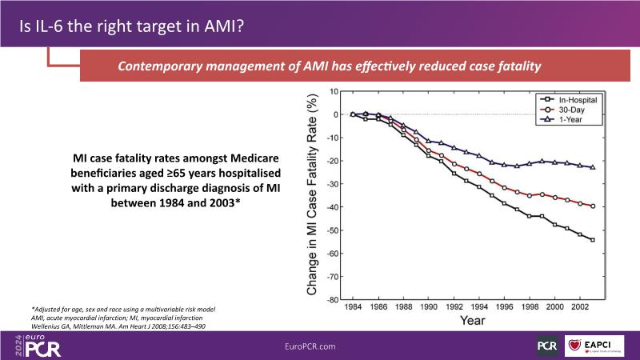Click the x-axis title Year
[472, 322]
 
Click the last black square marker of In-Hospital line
[593, 240]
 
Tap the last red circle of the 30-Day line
[593, 206]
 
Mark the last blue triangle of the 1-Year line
[593, 167]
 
